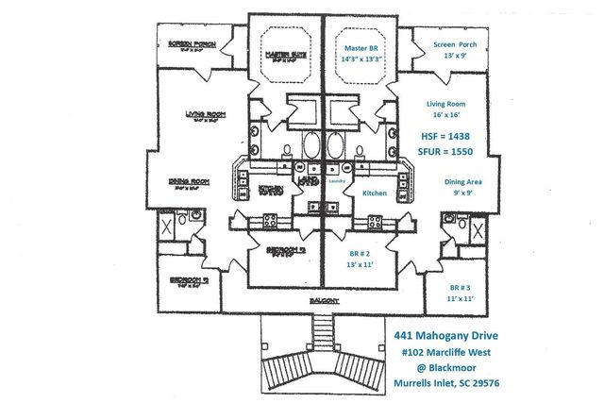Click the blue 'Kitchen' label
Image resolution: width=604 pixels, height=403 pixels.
point(376,193)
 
